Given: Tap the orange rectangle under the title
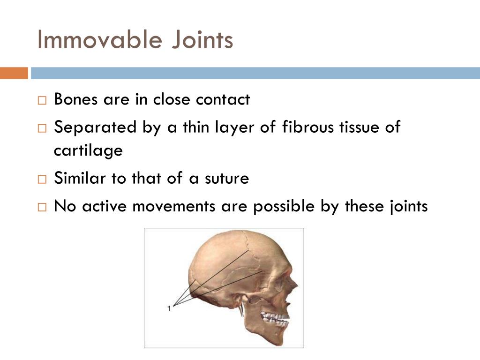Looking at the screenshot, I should click(14, 73).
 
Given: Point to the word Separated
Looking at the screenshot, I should click(89, 127).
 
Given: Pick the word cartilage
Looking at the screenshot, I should click(88, 151).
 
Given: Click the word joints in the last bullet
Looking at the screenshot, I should click(409, 207).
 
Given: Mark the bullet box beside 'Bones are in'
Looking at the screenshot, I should click(42, 100).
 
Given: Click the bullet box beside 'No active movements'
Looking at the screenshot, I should click(42, 207).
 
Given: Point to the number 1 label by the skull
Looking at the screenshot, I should click(169, 308).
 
